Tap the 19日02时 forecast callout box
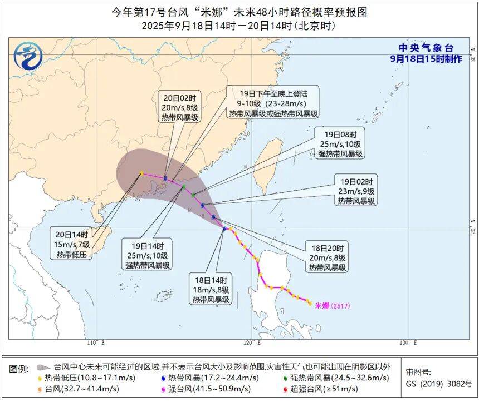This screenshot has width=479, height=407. pyautogui.click(x=355, y=190)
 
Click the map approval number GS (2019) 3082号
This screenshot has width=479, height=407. pyautogui.click(x=438, y=384)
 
